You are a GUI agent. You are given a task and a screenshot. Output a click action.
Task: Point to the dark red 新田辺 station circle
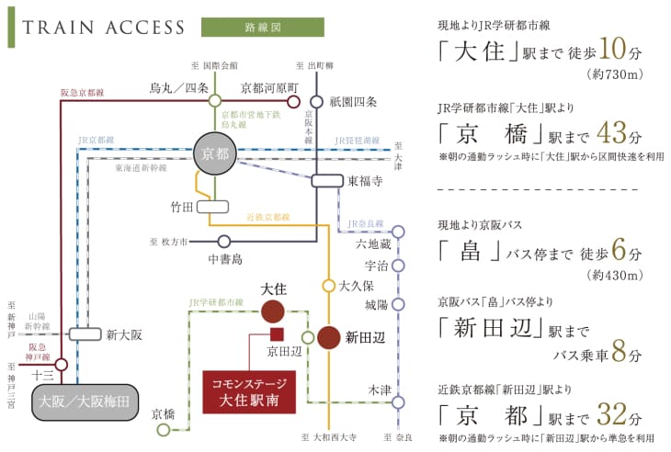click(x=329, y=337)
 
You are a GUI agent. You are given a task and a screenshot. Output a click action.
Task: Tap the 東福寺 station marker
click(x=327, y=181)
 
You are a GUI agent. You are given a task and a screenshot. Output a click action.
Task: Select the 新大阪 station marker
click(x=85, y=334)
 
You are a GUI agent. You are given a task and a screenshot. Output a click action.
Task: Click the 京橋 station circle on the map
click(x=165, y=429)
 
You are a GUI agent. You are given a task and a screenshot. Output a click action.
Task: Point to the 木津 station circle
click(x=398, y=401)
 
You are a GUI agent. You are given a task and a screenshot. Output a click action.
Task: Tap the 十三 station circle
click(x=61, y=365)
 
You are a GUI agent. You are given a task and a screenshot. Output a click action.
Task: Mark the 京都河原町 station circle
click(x=294, y=100)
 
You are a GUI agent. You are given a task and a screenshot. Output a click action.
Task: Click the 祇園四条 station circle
click(x=316, y=101)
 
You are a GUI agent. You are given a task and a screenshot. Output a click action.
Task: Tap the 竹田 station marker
click(x=211, y=207)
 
